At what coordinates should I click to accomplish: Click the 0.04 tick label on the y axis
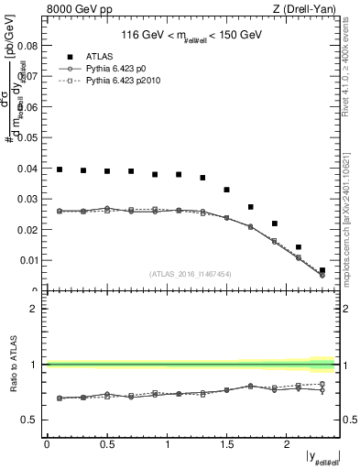click(27, 169)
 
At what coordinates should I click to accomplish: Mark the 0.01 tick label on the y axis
click(27, 261)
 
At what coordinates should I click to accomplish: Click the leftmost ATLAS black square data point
click(60, 169)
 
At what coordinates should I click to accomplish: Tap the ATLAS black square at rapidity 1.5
click(226, 190)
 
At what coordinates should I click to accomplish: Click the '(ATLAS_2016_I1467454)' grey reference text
click(191, 273)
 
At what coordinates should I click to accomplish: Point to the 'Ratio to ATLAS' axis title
click(11, 365)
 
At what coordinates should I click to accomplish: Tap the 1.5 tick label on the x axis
click(226, 444)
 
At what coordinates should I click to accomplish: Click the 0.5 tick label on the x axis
click(106, 444)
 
